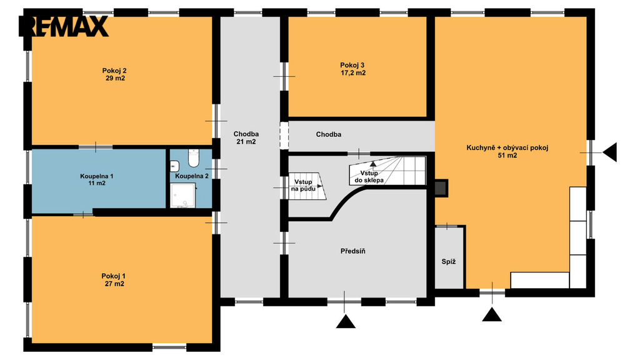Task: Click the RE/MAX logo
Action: [x=64, y=26]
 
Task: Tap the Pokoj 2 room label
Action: [x=114, y=71]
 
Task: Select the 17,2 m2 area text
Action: [x=353, y=74]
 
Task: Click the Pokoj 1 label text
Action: [x=114, y=276]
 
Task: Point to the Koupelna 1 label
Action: [x=97, y=176]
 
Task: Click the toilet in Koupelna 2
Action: [x=194, y=158]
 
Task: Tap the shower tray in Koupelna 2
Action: [x=183, y=195]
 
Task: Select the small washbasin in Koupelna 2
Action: [x=174, y=166]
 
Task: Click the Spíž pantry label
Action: [x=449, y=262]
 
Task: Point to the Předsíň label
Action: [x=353, y=251]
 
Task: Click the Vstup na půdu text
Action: [x=303, y=186]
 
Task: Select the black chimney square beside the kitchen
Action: [x=441, y=187]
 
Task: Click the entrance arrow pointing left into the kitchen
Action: [x=609, y=152]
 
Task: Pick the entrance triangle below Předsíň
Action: [x=346, y=321]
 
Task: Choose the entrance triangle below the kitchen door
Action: [x=492, y=314]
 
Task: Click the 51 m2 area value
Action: [x=507, y=156]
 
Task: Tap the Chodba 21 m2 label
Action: [x=246, y=138]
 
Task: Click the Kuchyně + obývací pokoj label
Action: [x=507, y=147]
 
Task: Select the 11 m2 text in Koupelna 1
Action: [x=97, y=183]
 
